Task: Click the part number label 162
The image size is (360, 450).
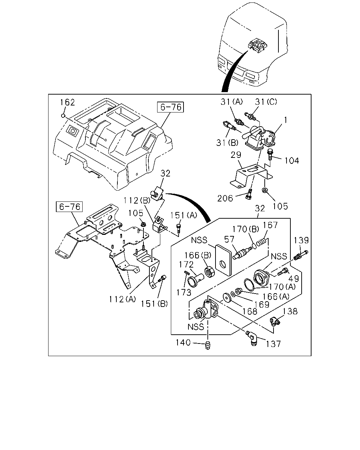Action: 67,102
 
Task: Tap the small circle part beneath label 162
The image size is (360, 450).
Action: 63,115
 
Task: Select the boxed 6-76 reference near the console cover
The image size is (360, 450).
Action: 171,107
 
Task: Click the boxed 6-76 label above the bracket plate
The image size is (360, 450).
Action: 69,207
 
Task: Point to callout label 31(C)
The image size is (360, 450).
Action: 266,102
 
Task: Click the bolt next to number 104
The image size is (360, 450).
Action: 270,154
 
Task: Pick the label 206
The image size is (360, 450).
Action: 225,198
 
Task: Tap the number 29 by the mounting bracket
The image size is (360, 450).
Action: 236,155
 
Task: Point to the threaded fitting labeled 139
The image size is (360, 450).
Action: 301,255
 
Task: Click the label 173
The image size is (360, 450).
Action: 184,292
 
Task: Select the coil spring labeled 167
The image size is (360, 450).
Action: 262,243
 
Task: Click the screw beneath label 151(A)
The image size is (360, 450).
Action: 179,228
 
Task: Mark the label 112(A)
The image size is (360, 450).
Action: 122,299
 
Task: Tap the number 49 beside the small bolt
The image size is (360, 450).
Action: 294,279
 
